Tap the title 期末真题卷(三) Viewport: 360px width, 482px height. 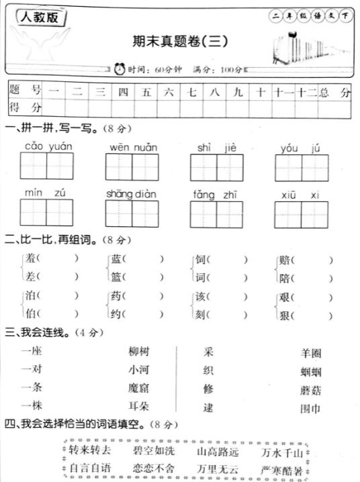point(180,41)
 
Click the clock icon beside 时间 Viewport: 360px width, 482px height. point(120,68)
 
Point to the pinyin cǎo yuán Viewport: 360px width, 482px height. point(49,146)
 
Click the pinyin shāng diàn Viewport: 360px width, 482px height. point(131,194)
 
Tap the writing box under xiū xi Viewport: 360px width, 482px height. point(301,214)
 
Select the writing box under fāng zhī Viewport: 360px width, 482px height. point(216,214)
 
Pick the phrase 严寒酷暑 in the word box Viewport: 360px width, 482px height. point(280,469)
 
